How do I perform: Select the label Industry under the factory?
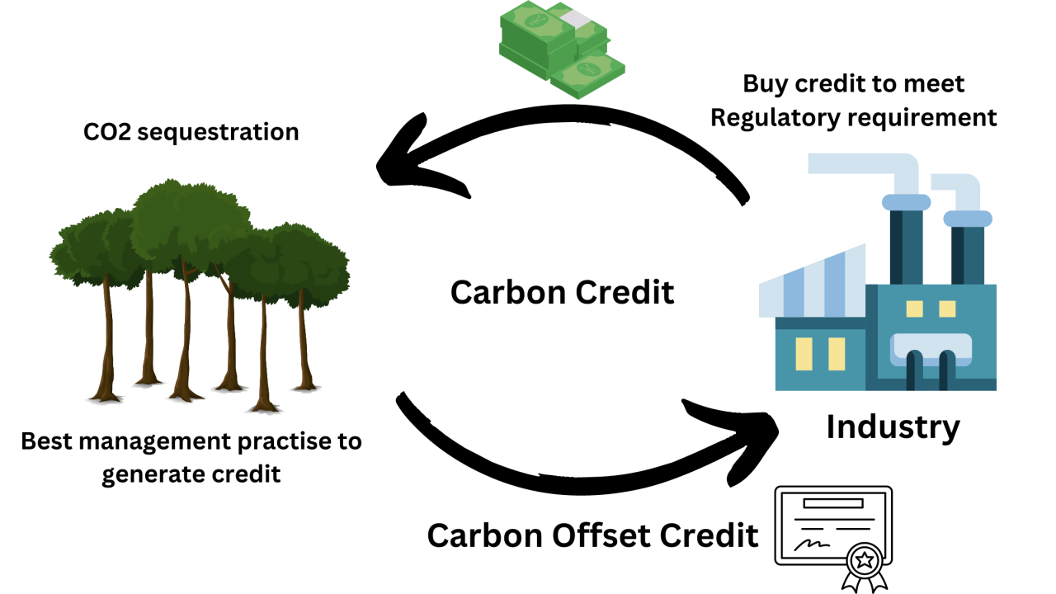click(x=893, y=427)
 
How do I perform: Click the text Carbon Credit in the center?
click(x=563, y=292)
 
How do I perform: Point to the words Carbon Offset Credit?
click(x=592, y=535)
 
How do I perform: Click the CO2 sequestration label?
click(x=191, y=131)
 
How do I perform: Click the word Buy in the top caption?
click(x=763, y=83)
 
